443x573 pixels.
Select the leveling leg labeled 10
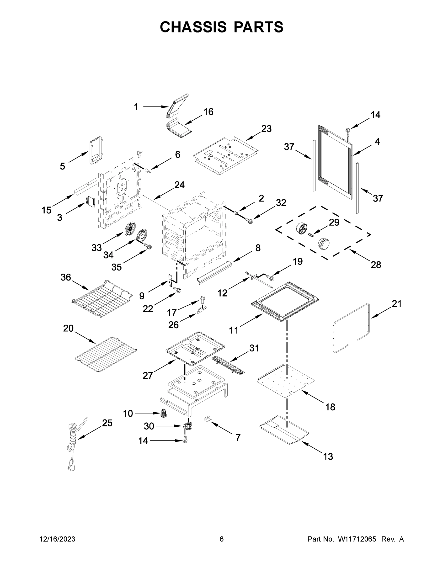[164, 414]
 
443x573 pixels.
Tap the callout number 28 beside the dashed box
[376, 265]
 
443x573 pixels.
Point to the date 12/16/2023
[58, 539]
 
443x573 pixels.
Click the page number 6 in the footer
[222, 539]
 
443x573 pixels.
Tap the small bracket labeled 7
[207, 419]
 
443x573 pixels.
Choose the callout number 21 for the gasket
[396, 304]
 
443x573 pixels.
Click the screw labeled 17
[203, 299]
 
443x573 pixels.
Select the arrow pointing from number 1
[155, 107]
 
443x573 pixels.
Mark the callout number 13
[328, 456]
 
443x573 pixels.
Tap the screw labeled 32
[250, 221]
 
